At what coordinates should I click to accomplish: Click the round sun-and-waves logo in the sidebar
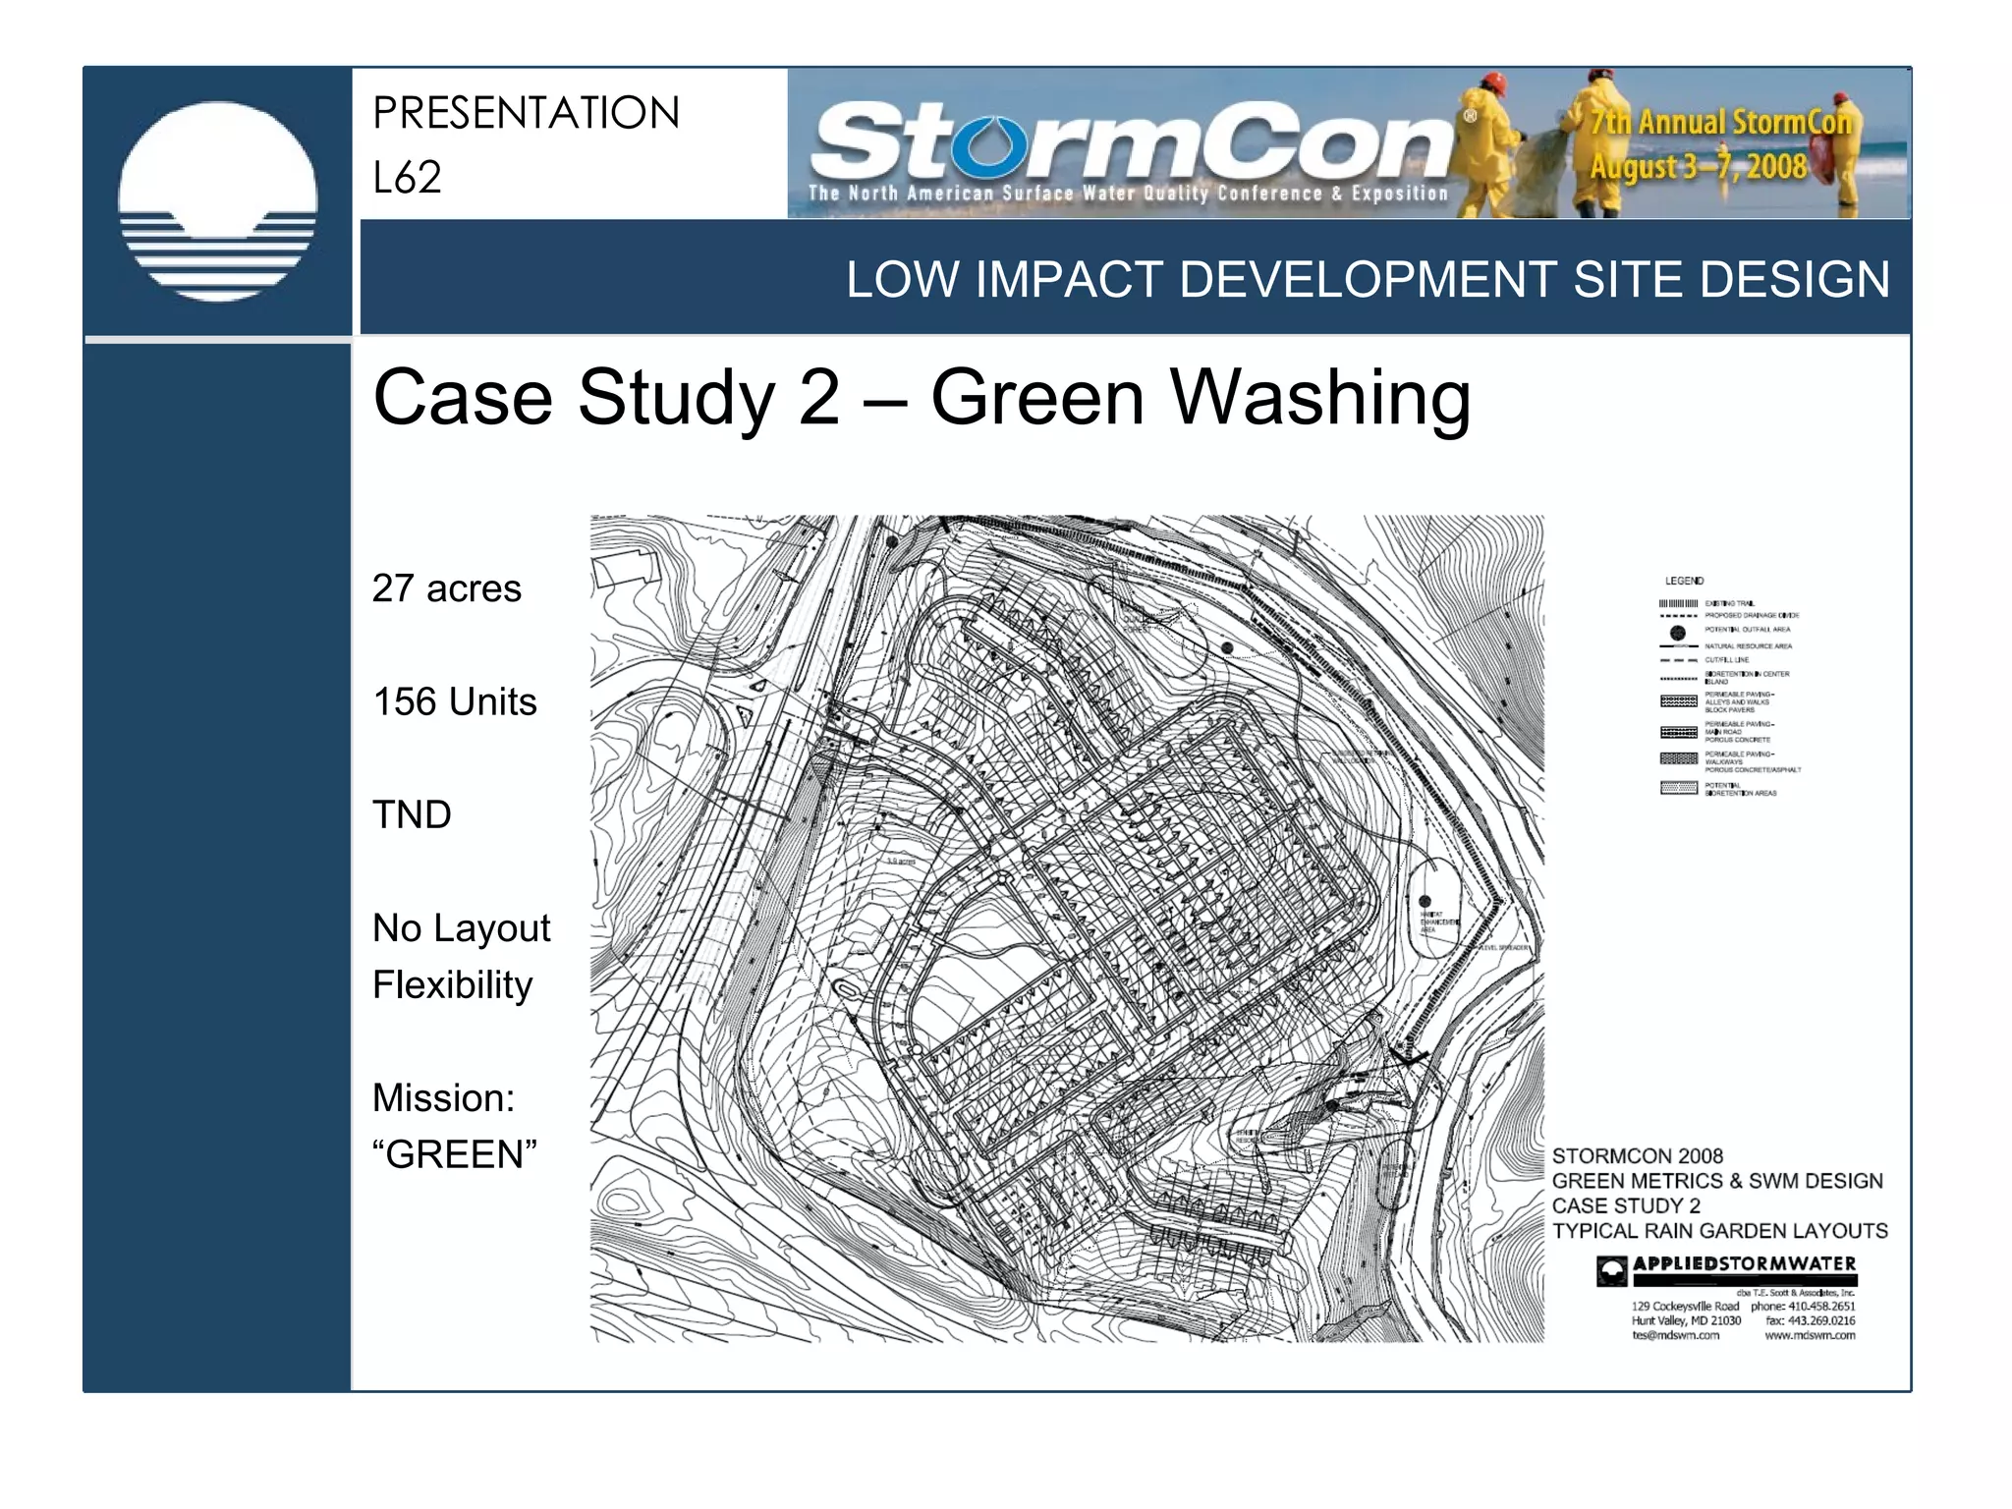point(217,201)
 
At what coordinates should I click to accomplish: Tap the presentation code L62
point(407,178)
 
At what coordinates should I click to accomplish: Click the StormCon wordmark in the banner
point(1130,142)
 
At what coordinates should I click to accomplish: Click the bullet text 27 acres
point(446,588)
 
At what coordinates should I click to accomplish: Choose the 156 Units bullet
point(454,701)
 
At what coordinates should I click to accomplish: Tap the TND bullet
point(412,814)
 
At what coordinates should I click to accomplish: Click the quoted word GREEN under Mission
point(455,1154)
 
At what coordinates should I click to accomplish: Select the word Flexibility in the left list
point(452,984)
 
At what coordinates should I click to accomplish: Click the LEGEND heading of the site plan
point(1684,581)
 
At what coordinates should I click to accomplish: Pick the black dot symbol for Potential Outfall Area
point(1678,633)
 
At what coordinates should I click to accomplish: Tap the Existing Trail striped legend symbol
point(1678,603)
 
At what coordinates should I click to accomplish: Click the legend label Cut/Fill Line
point(1726,660)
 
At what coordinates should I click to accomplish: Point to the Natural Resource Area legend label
point(1748,646)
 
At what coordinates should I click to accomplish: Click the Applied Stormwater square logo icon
point(1611,1270)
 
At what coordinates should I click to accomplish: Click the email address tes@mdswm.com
point(1675,1335)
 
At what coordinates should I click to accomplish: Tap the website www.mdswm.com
point(1810,1335)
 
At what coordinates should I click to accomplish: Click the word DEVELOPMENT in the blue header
point(1368,280)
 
